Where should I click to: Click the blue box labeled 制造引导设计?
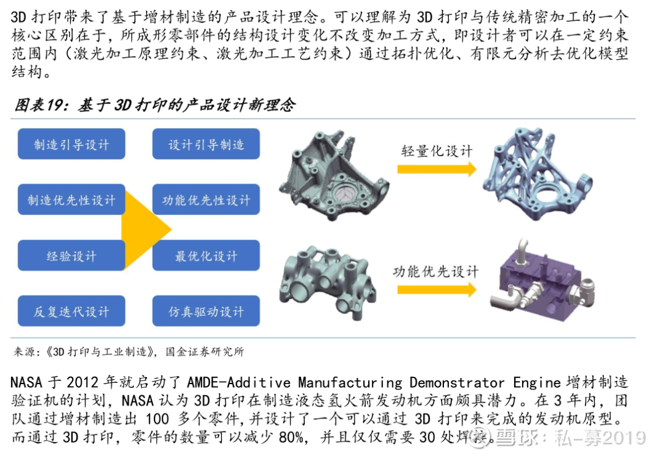pyautogui.click(x=71, y=144)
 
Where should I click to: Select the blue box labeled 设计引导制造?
pyautogui.click(x=206, y=144)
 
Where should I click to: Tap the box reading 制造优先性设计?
pyautogui.click(x=71, y=199)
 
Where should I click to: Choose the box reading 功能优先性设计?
pyautogui.click(x=206, y=199)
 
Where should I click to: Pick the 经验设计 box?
pyautogui.click(x=71, y=255)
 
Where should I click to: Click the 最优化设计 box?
pyautogui.click(x=206, y=255)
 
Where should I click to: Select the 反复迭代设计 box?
pyautogui.click(x=71, y=311)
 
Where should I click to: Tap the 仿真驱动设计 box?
pyautogui.click(x=206, y=311)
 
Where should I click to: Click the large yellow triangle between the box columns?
pyautogui.click(x=142, y=230)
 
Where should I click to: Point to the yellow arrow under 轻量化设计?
pyautogui.click(x=437, y=169)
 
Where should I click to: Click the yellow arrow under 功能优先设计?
pyautogui.click(x=437, y=290)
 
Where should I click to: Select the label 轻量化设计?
pyautogui.click(x=437, y=151)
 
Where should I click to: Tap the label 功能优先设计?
pyautogui.click(x=435, y=271)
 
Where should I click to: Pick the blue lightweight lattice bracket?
pyautogui.click(x=538, y=173)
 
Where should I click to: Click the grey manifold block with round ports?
pyautogui.click(x=328, y=280)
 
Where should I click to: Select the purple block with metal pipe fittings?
pyautogui.click(x=544, y=281)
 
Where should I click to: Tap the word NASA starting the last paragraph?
pyautogui.click(x=26, y=382)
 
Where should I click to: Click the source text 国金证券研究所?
pyautogui.click(x=205, y=352)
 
